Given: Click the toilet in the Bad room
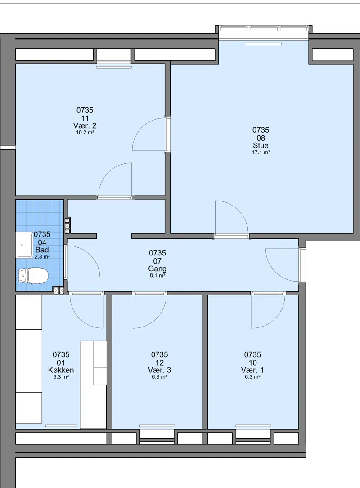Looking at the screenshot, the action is [33, 276].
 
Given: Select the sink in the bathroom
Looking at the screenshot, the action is [25, 245].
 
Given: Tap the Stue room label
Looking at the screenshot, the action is [261, 145].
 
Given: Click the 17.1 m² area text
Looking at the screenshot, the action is [261, 152].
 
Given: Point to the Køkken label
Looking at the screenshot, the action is [61, 370].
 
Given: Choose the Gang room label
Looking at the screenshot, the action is [157, 269].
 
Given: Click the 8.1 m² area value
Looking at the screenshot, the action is [157, 275].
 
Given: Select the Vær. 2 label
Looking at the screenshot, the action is [85, 126].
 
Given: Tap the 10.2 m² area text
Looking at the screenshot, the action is [85, 133].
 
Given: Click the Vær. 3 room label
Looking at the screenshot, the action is [159, 370].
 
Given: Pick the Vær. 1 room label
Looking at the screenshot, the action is [252, 370].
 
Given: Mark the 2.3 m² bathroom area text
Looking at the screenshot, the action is [42, 257].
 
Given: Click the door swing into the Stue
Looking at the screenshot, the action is [232, 218].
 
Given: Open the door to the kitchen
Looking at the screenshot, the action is [87, 311].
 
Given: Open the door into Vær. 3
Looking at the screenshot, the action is [149, 311].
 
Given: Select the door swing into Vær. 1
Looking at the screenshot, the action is [268, 311].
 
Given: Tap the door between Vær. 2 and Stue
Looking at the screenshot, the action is [149, 134].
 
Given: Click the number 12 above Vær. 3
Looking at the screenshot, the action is [159, 363].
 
